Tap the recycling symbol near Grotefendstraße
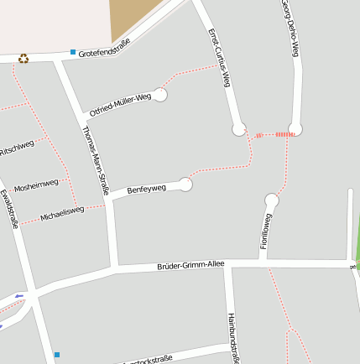tap(23, 59)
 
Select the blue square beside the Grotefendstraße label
tap(73, 52)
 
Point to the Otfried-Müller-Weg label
tap(120, 105)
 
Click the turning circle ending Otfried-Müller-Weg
tap(161, 95)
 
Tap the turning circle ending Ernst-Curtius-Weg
tap(239, 128)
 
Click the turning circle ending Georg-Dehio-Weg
tap(295, 128)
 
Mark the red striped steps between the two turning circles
tap(284, 133)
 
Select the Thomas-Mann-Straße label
tap(97, 159)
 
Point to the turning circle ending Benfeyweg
tap(186, 185)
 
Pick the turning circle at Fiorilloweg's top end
tap(271, 200)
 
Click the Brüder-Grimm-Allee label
tap(190, 266)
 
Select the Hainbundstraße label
tap(233, 338)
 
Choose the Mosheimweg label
tap(36, 184)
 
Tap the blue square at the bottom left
tap(57, 355)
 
